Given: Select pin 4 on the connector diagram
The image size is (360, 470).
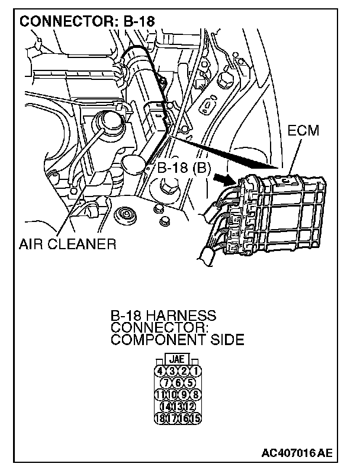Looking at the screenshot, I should point(159,371).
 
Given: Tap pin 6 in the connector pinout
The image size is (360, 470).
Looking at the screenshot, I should point(178,382).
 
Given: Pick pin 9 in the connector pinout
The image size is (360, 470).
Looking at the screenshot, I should point(184,394).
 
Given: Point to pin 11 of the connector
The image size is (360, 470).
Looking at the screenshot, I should point(159,394).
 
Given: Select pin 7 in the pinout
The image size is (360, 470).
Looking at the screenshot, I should point(166,382).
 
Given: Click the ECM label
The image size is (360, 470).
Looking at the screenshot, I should point(303,131).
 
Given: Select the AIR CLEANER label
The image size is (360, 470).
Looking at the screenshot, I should point(66,244).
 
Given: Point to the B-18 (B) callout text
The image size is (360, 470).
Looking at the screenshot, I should point(184,168).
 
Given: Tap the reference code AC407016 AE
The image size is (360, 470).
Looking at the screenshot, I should point(296,454).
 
